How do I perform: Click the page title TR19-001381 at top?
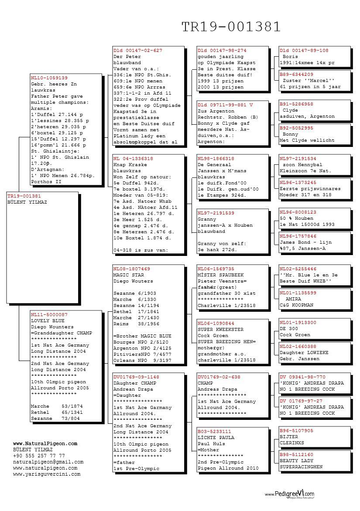231,27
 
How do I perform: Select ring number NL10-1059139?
49,78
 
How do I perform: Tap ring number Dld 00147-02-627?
137,51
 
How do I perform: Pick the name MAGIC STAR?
128,275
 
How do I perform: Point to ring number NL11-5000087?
49,314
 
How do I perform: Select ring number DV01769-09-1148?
136,377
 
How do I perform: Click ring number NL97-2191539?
216,213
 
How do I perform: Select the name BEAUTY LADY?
296,460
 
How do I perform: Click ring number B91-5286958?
296,104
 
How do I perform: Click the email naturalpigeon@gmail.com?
48,462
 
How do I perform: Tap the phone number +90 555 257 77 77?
39,456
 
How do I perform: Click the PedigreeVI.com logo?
290,494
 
